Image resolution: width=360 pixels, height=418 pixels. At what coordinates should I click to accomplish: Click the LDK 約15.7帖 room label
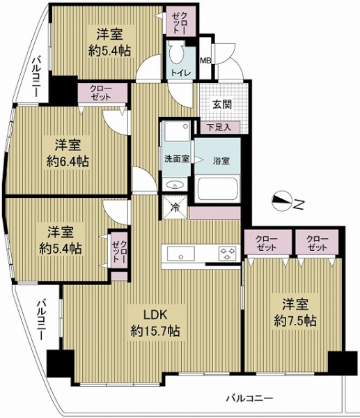point(155,323)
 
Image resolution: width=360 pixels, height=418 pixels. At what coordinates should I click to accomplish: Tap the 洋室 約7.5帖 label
point(295,312)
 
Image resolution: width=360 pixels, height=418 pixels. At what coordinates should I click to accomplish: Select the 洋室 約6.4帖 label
point(68,153)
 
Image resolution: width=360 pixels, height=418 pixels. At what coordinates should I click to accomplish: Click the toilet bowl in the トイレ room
point(176,52)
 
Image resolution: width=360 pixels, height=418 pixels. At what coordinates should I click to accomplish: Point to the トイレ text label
point(180,72)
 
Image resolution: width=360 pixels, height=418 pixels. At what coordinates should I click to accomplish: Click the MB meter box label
point(205,61)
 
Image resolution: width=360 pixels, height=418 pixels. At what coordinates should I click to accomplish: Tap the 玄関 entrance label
point(222,104)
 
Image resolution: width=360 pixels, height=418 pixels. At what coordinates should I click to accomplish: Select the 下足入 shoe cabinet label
point(219,127)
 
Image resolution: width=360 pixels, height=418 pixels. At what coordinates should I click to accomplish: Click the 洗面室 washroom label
point(176,159)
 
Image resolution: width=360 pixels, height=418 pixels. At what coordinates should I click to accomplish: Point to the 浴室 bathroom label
point(221,161)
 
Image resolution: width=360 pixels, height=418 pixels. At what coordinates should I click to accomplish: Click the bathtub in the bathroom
point(218,189)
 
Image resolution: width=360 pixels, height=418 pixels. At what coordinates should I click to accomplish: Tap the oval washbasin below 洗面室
point(175,184)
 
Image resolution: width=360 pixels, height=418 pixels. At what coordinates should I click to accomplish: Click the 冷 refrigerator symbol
point(175,208)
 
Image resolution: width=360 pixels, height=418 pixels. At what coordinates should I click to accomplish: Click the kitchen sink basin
point(180,253)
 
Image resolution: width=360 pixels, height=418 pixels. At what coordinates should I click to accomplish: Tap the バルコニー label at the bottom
point(250,398)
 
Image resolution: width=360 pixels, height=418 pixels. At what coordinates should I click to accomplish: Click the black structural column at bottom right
point(343,363)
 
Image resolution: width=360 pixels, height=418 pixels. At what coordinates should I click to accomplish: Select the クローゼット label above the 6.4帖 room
point(101,92)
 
